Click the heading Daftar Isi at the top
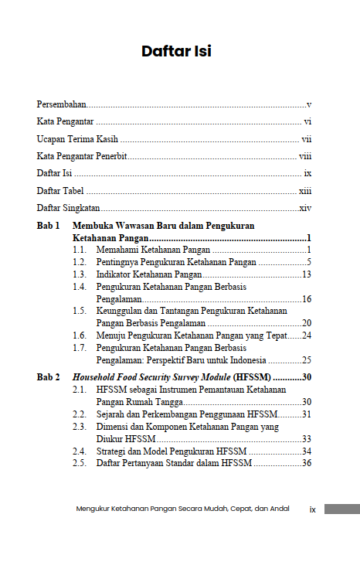[x=176, y=52]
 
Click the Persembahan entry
[x=62, y=104]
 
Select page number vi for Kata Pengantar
[x=307, y=121]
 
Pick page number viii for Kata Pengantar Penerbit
[x=305, y=156]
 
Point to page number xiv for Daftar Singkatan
[x=305, y=208]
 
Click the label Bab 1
[x=48, y=226]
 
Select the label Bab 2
[x=48, y=376]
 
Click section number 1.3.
[x=79, y=274]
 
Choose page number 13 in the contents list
[x=306, y=274]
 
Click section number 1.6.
[x=79, y=335]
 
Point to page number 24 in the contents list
[x=306, y=335]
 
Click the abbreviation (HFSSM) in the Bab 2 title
[x=249, y=376]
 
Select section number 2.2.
[x=79, y=414]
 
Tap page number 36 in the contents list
[x=306, y=463]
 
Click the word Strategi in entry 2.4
[x=112, y=451]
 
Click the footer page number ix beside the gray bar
[x=313, y=509]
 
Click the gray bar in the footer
[x=341, y=509]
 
